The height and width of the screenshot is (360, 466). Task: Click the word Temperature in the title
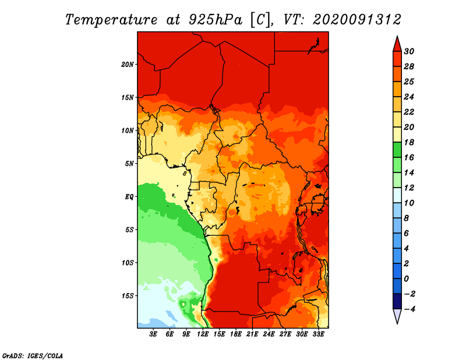pos(111,20)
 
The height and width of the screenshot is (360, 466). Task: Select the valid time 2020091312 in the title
pos(357,20)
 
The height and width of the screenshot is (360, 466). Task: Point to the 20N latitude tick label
pos(128,65)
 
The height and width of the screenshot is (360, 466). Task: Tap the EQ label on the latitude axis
pos(129,197)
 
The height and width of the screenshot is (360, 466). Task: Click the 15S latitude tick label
pos(128,296)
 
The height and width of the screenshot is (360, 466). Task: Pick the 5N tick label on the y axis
pos(129,164)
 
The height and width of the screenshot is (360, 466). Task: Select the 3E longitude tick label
pos(153,334)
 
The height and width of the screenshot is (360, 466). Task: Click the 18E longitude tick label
pos(236,334)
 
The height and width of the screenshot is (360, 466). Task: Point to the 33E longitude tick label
pos(318,334)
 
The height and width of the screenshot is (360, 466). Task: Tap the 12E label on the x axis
pos(203,334)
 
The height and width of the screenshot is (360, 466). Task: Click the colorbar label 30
pos(409,51)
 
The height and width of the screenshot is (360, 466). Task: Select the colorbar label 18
pos(409,142)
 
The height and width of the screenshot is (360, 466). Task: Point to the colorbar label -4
pos(409,309)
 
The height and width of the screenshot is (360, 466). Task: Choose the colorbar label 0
pos(407,279)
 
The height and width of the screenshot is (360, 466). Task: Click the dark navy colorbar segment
pos(397,301)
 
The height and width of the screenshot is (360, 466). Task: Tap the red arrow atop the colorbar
pos(397,44)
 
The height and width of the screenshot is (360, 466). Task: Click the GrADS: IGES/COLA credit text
pos(33,355)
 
